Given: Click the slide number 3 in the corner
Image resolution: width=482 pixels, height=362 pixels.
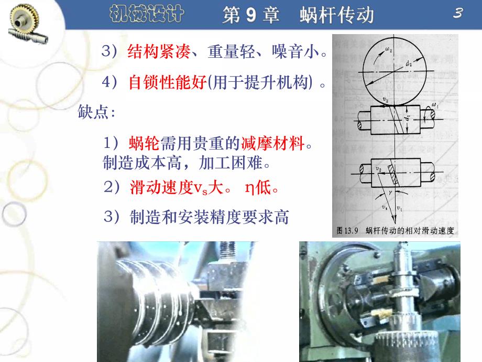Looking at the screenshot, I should coord(457,14).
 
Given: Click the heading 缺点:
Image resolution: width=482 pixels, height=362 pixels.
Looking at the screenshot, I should coord(96,112).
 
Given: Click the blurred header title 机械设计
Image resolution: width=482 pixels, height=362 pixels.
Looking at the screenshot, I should coord(148,14).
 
